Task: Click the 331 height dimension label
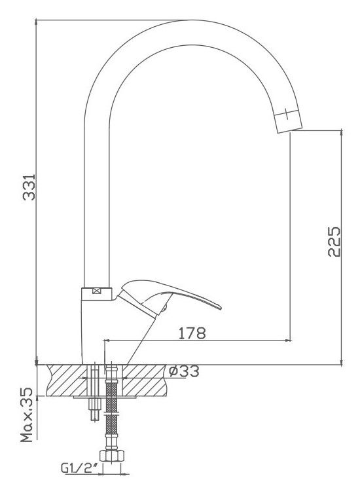click(29, 187)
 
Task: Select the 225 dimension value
click(334, 242)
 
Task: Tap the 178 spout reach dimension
click(192, 333)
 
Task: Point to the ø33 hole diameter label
click(184, 371)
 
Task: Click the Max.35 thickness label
click(27, 415)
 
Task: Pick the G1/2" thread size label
click(79, 468)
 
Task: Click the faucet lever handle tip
click(219, 306)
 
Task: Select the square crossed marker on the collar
click(96, 291)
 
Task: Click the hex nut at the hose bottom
click(112, 456)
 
